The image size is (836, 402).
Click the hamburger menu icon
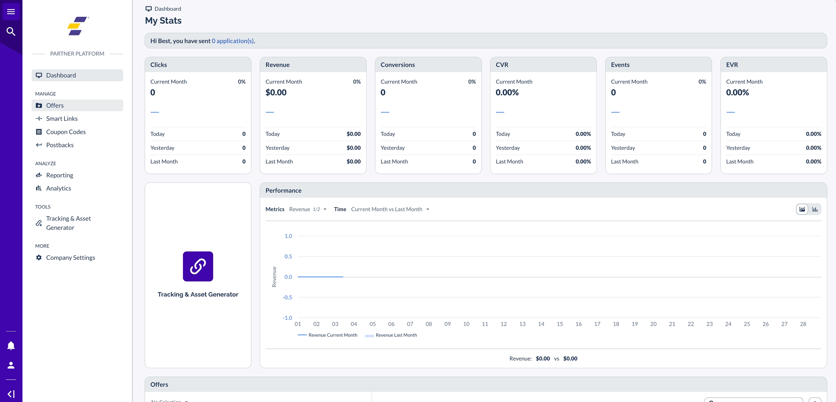pos(11,12)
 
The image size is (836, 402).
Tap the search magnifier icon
pos(11,31)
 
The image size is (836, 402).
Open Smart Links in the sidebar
pos(62,119)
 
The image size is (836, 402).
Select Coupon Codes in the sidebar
pos(66,132)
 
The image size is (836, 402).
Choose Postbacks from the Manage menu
pos(60,145)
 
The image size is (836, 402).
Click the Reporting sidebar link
pos(59,175)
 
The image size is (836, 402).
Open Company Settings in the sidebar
pos(70,258)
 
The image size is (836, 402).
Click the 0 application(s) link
pos(233,41)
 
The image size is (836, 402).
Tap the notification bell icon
pos(11,346)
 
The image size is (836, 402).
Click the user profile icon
pos(11,365)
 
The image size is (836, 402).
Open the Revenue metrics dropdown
pos(307,209)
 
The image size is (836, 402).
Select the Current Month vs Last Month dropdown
pos(390,209)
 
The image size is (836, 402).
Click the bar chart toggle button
pos(815,209)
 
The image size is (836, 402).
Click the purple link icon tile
pos(198,267)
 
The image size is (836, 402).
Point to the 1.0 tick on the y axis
pos(288,236)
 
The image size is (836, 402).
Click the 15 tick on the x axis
pos(560,324)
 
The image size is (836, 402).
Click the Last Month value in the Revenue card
pos(353,162)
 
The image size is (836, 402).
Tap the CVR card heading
pos(502,65)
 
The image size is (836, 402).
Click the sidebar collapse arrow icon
pos(11,394)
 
